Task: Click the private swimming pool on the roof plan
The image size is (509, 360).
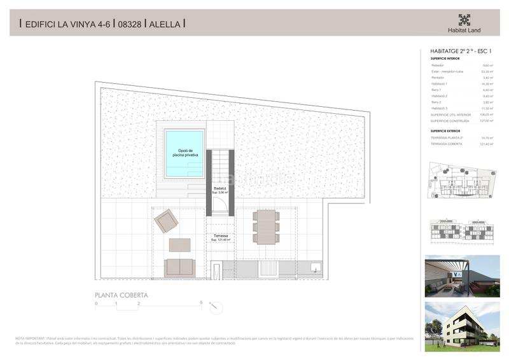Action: pyautogui.click(x=185, y=152)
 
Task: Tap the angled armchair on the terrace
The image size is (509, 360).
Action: pyautogui.click(x=166, y=221)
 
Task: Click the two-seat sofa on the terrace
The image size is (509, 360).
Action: pyautogui.click(x=179, y=268)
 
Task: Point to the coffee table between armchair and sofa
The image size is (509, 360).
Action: pyautogui.click(x=180, y=244)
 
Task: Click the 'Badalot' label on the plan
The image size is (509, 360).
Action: pyautogui.click(x=220, y=189)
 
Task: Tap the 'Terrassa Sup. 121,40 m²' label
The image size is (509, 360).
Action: pyautogui.click(x=220, y=237)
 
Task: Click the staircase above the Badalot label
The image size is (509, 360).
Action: pyautogui.click(x=220, y=165)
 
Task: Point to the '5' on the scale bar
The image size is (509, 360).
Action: pyautogui.click(x=201, y=302)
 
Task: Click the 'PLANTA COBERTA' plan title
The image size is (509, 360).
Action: pyautogui.click(x=122, y=295)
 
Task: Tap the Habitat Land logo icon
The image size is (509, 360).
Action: pyautogui.click(x=464, y=20)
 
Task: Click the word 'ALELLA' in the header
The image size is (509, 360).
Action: pyautogui.click(x=165, y=24)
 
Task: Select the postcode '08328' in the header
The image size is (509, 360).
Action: pyautogui.click(x=129, y=24)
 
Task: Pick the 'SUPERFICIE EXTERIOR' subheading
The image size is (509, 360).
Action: pyautogui.click(x=445, y=130)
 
